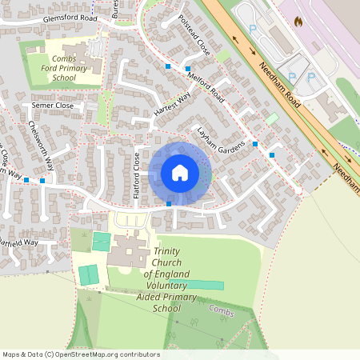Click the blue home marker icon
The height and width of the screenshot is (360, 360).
(x=180, y=173)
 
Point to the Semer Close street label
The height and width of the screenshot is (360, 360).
(x=52, y=106)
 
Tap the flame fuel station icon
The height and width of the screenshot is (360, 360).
(x=299, y=21)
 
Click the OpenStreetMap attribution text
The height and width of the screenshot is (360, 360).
(x=81, y=354)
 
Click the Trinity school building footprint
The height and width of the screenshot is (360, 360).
(x=128, y=256)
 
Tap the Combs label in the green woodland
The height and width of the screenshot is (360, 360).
(x=221, y=308)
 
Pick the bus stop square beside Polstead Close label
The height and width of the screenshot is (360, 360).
(x=168, y=65)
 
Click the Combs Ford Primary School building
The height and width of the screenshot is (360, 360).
(x=90, y=48)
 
